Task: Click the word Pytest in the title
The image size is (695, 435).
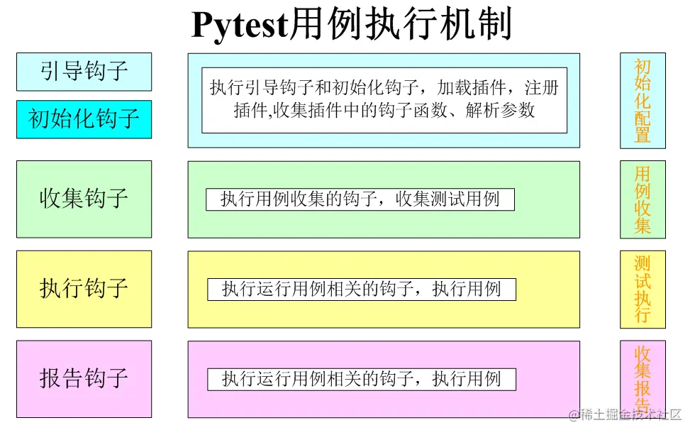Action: click(x=240, y=26)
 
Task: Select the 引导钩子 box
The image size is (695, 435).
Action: click(x=84, y=72)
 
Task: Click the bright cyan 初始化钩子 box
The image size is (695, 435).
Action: click(x=84, y=119)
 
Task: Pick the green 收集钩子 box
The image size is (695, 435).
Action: click(x=84, y=199)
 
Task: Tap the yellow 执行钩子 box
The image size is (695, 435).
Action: click(x=84, y=289)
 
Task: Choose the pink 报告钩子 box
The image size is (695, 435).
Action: click(x=84, y=378)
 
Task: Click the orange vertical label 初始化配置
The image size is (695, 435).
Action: click(x=643, y=100)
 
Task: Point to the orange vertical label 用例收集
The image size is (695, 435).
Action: click(x=643, y=199)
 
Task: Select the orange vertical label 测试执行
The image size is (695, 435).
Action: click(x=643, y=289)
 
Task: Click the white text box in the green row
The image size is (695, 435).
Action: click(x=360, y=199)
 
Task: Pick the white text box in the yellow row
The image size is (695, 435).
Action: click(x=361, y=290)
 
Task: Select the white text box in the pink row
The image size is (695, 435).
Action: click(x=361, y=379)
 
